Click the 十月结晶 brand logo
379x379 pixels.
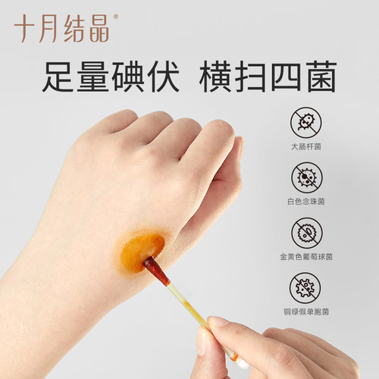coord(61,28)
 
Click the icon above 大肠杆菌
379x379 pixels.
coord(307,121)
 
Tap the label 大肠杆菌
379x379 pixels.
coord(307,147)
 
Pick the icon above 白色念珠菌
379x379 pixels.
coord(307,177)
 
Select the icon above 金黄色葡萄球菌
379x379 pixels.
coord(307,233)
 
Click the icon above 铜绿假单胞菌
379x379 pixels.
coord(307,289)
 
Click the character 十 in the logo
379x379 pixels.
coord(25,28)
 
